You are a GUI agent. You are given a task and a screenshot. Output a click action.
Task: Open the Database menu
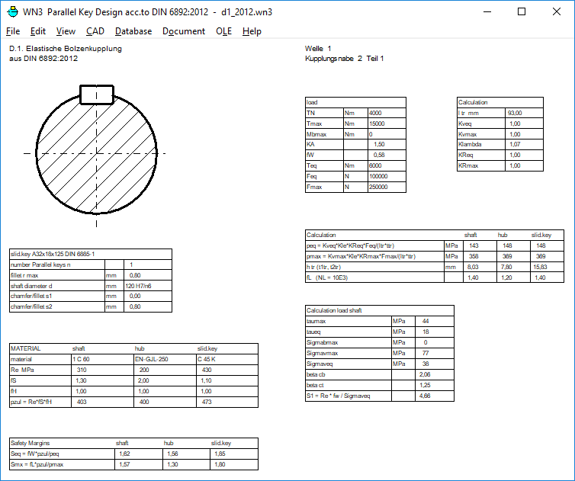coord(133,31)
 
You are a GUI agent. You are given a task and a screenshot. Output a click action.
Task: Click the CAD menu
coord(95,31)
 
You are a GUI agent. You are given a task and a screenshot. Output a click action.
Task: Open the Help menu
coord(252,31)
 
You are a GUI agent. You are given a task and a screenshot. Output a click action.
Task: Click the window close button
coord(556,11)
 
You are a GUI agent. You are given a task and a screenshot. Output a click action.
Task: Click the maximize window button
coord(522,11)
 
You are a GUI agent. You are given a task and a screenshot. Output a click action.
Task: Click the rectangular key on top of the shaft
coord(97,95)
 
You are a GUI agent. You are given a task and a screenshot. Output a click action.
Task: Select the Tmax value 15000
coord(377,123)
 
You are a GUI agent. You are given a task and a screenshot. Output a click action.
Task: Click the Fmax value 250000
coord(378,187)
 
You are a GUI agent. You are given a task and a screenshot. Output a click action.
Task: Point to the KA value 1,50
coord(379,144)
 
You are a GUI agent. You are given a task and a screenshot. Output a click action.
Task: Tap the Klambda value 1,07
coord(515,144)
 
